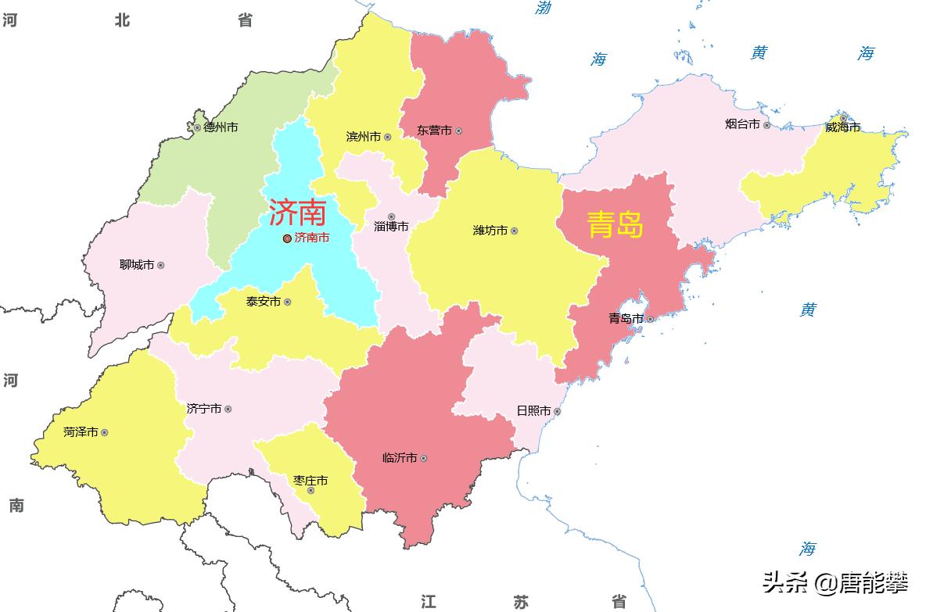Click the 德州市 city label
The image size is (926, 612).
[221, 127]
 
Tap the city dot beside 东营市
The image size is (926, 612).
[458, 131]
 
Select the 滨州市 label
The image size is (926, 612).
[364, 137]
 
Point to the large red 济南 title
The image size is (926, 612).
[297, 212]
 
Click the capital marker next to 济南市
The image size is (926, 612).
[287, 238]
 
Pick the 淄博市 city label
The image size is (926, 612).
[391, 227]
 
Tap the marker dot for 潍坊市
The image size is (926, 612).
[514, 231]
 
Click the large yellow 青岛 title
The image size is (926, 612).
[616, 225]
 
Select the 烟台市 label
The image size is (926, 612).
[742, 124]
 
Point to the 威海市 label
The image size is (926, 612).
[842, 127]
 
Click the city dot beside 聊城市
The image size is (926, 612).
[161, 265]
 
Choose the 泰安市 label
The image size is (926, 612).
[264, 302]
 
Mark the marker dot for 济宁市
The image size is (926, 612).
[228, 409]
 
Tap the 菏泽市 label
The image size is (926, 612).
[81, 432]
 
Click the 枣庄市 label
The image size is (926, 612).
[310, 481]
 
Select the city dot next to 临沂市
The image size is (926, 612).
[423, 458]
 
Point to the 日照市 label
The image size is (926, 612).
[533, 411]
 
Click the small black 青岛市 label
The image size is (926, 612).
[626, 319]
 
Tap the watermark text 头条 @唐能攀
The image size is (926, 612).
[835, 582]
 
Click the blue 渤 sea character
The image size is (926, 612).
[544, 8]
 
